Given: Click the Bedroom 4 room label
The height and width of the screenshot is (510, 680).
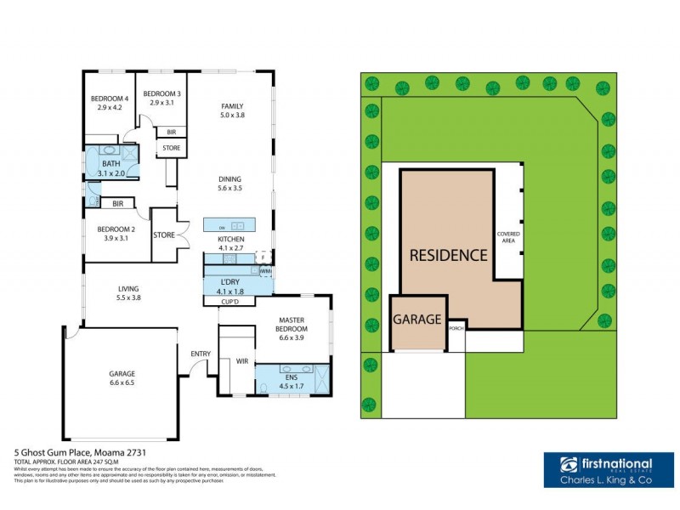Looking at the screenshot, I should click(x=110, y=99).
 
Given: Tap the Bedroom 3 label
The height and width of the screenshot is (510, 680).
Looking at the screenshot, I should click(x=161, y=93).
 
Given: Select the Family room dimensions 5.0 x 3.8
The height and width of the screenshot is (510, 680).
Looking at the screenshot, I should click(x=232, y=115).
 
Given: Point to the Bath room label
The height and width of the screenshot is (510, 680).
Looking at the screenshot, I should click(x=111, y=163).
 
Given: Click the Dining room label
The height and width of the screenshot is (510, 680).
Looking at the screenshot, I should click(x=230, y=179).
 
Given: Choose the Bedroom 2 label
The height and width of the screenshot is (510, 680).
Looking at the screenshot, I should click(x=116, y=229).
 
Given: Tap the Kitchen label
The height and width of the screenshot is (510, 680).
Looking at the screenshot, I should click(x=231, y=241).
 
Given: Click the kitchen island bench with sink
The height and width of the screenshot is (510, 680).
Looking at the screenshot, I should click(x=229, y=225).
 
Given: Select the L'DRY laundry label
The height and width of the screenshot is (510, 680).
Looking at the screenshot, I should click(x=230, y=281).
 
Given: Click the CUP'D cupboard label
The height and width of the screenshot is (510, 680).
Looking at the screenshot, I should click(x=229, y=301).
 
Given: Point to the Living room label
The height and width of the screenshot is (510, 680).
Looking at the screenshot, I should click(x=128, y=290).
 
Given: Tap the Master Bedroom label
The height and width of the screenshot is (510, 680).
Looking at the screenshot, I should click(x=292, y=324).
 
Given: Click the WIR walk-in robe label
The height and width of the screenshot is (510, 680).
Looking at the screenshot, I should click(x=242, y=360).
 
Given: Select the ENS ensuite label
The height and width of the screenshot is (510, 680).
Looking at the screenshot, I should click(x=291, y=376).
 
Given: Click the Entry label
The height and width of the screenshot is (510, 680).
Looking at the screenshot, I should click(x=201, y=353).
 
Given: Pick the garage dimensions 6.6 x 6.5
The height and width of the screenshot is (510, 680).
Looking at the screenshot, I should click(x=122, y=383).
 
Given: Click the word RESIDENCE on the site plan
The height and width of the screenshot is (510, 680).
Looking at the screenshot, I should click(x=449, y=254).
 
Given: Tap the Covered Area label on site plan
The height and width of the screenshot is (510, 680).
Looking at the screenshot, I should click(x=509, y=236).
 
